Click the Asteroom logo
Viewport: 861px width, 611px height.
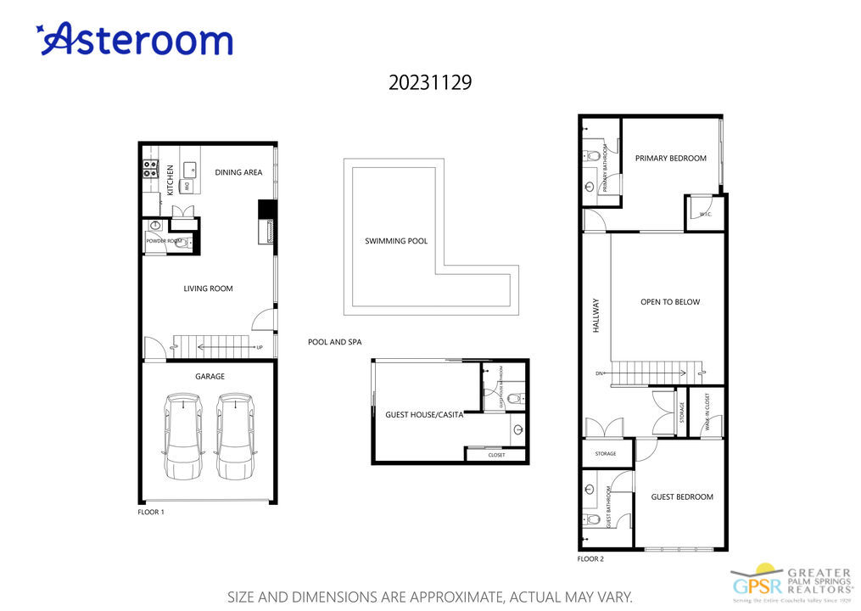(134, 40)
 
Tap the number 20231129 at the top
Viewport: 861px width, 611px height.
(430, 83)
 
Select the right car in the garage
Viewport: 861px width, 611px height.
(234, 434)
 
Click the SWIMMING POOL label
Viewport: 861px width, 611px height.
(396, 241)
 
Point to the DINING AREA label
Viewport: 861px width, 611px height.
(238, 172)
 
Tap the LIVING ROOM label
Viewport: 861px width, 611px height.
(208, 289)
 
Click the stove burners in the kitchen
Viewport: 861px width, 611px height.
(149, 169)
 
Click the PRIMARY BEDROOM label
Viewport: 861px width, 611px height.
(670, 158)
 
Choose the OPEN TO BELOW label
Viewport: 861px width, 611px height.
(670, 302)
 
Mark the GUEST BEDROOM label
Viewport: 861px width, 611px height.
(681, 496)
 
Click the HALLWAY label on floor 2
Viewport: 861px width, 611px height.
(596, 314)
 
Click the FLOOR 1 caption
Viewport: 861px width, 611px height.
(150, 512)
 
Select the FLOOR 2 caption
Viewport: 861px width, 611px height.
(590, 559)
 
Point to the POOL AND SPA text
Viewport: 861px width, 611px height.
(334, 342)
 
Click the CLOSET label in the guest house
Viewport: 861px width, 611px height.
(496, 455)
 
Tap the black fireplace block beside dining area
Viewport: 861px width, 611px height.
(266, 210)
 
